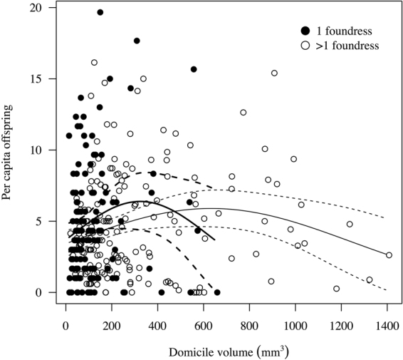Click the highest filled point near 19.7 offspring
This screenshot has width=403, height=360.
(x=100, y=12)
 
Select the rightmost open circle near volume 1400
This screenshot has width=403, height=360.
(x=388, y=255)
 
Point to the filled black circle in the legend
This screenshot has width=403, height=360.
(x=306, y=31)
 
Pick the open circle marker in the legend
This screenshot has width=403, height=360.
(x=306, y=45)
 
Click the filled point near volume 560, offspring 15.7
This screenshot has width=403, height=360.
(x=194, y=69)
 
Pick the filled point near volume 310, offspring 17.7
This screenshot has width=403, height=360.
(x=137, y=41)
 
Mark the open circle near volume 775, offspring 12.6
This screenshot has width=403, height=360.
(x=244, y=113)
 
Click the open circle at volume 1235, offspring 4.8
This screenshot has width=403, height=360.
(x=350, y=224)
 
